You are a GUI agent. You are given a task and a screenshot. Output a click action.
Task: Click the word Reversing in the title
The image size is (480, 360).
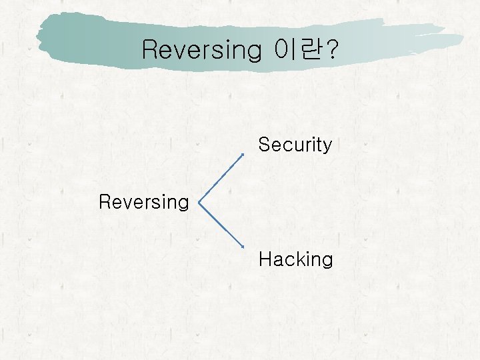pyautogui.click(x=202, y=49)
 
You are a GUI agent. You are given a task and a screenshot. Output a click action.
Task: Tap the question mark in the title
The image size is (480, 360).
pyautogui.click(x=330, y=49)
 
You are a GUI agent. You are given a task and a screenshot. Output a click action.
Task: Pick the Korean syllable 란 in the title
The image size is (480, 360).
pyautogui.click(x=308, y=49)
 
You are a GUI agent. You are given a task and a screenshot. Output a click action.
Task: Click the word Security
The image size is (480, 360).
pyautogui.click(x=295, y=145)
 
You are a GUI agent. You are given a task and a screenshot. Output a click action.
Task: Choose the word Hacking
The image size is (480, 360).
pyautogui.click(x=295, y=259)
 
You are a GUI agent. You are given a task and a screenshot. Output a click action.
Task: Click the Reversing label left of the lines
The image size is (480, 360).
pyautogui.click(x=144, y=202)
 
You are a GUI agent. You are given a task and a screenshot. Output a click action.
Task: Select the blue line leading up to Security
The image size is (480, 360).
pyautogui.click(x=222, y=176)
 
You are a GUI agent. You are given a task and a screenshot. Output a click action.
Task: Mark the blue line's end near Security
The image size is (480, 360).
pyautogui.click(x=243, y=154)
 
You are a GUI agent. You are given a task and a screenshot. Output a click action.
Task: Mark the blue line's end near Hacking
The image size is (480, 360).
pyautogui.click(x=243, y=247)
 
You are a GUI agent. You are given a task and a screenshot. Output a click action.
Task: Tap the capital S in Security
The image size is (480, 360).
pyautogui.click(x=264, y=145)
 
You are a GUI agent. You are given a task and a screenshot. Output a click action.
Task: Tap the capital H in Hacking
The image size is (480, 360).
pyautogui.click(x=265, y=259)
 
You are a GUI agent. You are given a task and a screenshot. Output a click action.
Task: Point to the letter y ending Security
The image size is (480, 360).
pyautogui.click(x=326, y=147)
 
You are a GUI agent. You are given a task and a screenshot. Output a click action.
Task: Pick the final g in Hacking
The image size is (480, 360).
pyautogui.click(x=327, y=261)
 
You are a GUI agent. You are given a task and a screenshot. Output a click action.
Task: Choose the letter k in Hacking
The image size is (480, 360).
pyautogui.click(x=298, y=259)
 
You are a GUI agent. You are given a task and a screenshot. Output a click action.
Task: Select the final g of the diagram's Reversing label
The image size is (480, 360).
pyautogui.click(x=183, y=204)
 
